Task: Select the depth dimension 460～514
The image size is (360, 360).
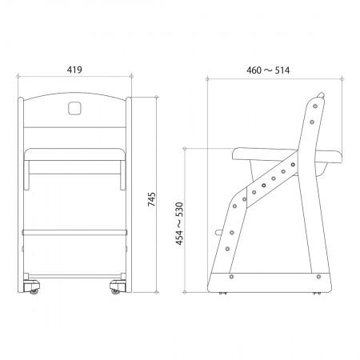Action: click(267, 70)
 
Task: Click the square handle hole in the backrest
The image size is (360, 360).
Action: click(74, 106)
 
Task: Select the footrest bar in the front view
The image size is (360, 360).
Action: click(74, 230)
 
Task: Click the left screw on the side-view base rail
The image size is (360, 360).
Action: click(230, 277)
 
